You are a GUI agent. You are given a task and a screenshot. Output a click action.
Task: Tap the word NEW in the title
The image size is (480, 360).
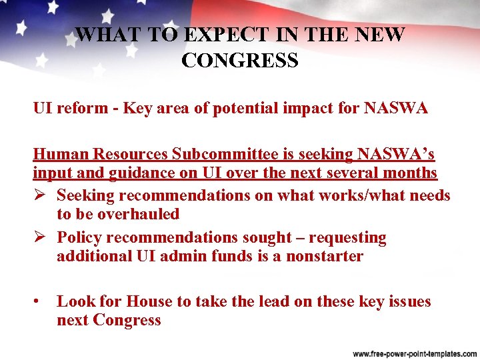coord(379,35)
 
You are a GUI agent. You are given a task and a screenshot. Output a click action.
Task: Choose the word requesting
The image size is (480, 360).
coord(348,237)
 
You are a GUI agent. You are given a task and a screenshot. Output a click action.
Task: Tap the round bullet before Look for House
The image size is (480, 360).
coord(37,301)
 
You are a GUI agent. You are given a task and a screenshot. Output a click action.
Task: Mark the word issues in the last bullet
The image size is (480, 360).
coord(407,301)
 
